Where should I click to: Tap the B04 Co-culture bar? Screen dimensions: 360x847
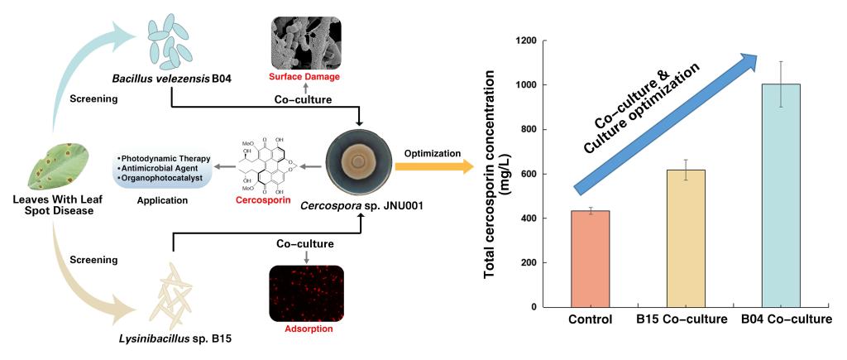click(782, 195)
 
